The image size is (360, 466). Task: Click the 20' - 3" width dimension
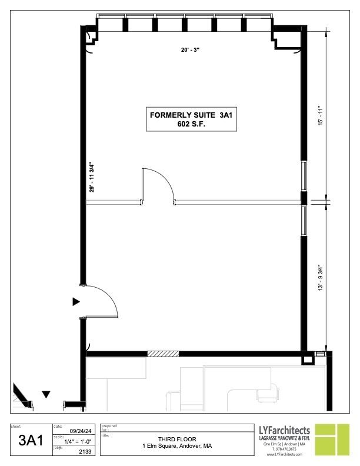[x=190, y=50]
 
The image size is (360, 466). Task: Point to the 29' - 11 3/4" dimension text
[x=92, y=177]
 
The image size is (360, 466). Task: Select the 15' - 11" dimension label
[x=320, y=115]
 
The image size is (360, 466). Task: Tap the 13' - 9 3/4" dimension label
[x=320, y=278]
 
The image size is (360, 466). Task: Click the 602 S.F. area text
[x=191, y=124]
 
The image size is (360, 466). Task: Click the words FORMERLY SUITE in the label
[x=182, y=115]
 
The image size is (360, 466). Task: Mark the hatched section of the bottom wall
[x=163, y=354]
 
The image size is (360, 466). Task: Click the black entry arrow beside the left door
[x=76, y=302]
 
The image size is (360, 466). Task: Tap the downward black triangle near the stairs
[x=46, y=394]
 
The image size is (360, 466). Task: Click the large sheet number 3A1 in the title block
[x=31, y=440]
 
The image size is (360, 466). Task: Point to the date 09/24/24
[x=81, y=431]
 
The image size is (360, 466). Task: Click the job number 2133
[x=85, y=452]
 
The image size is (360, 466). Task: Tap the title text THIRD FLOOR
[x=177, y=439]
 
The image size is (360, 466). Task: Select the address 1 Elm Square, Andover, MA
[x=177, y=446]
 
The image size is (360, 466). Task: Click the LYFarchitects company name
[x=284, y=430]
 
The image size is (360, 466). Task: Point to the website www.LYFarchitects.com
[x=284, y=454]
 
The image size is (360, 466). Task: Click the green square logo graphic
[x=332, y=440]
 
